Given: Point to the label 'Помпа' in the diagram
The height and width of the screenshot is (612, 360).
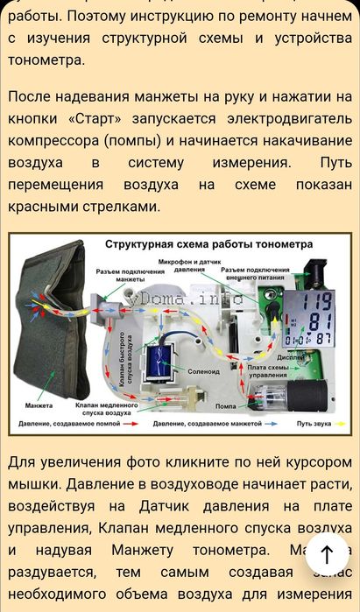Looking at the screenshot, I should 227,407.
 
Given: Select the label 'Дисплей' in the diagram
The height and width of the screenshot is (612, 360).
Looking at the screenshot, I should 290,356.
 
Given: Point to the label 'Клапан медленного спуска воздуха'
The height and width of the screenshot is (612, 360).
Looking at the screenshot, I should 106,410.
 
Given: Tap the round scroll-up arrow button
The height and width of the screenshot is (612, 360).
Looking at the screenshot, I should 327,552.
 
